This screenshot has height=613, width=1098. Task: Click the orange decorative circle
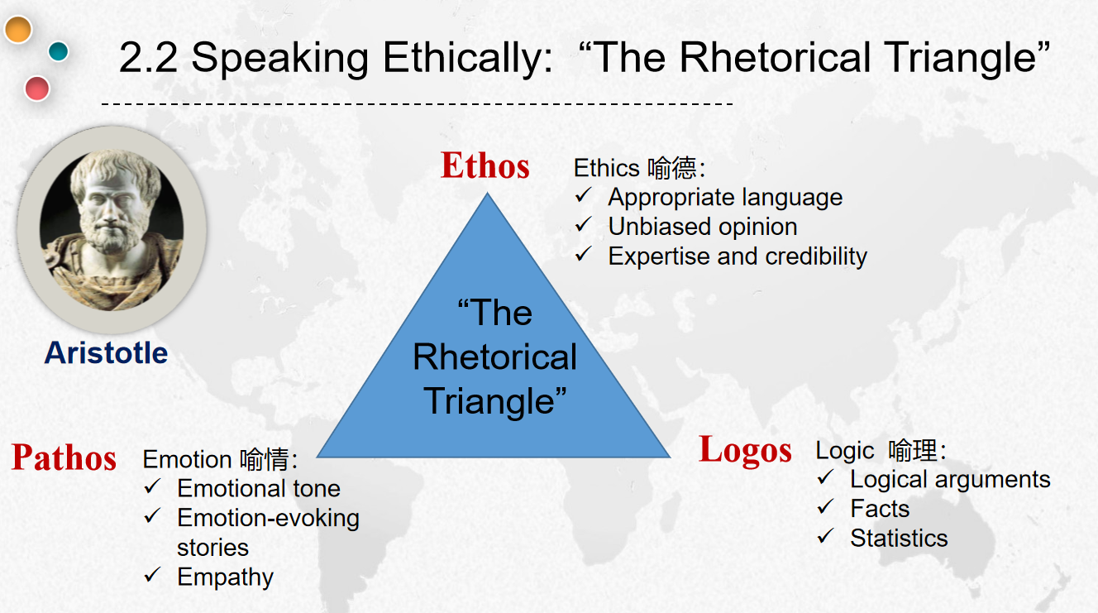(x=18, y=30)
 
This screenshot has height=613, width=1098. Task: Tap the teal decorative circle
(x=59, y=51)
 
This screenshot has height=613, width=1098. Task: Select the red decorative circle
(x=36, y=89)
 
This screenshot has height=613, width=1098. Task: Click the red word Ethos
(x=485, y=165)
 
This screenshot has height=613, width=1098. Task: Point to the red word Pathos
(x=64, y=457)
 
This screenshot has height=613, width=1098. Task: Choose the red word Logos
(x=745, y=450)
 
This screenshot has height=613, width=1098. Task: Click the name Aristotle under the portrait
(x=106, y=352)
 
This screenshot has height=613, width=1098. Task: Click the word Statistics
(x=899, y=538)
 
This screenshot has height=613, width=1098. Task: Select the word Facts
(x=880, y=509)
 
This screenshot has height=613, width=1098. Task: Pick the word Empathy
(x=225, y=577)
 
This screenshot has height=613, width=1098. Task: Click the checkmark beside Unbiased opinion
(x=584, y=225)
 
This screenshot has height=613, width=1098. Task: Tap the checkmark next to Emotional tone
(x=152, y=486)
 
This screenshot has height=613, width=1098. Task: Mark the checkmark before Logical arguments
(x=826, y=477)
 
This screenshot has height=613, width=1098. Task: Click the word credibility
(x=816, y=256)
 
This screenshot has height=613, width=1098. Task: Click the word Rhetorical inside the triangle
(x=494, y=357)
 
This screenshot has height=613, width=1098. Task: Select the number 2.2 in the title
(x=148, y=58)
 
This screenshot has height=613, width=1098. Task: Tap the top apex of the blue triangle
(x=487, y=192)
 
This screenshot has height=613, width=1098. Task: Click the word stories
(x=212, y=548)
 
